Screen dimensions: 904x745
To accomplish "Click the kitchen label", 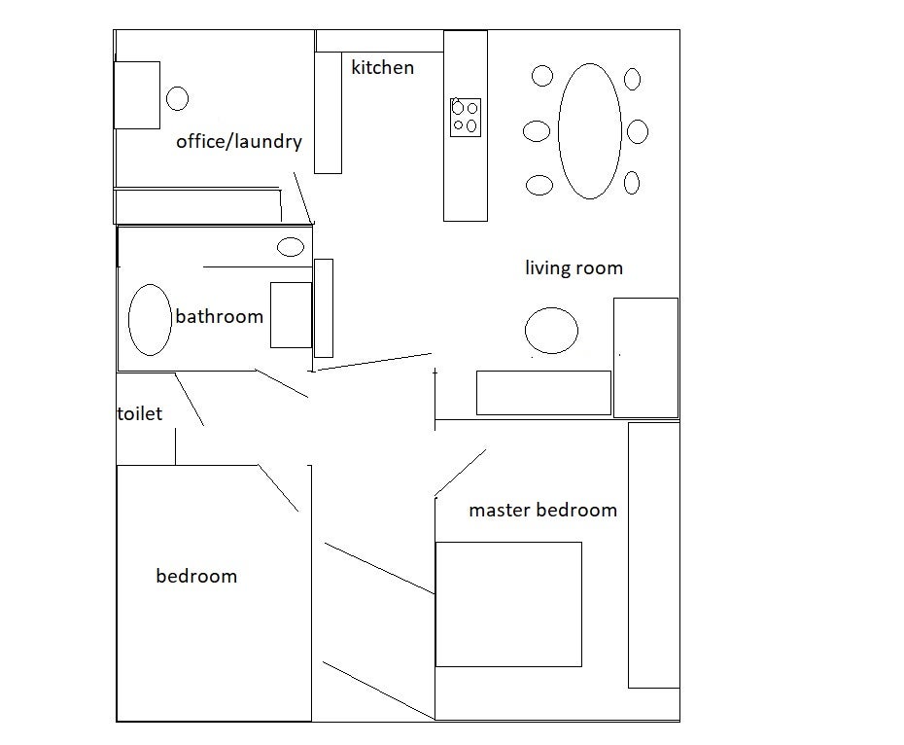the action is pyautogui.click(x=382, y=67).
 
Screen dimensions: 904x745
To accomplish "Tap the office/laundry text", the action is pyautogui.click(x=239, y=141).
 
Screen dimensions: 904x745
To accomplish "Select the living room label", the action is pyautogui.click(x=574, y=267).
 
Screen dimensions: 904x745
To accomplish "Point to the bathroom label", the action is pyautogui.click(x=219, y=316).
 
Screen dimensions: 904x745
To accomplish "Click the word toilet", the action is pyautogui.click(x=140, y=413).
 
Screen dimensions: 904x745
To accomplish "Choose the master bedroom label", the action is pyautogui.click(x=542, y=511).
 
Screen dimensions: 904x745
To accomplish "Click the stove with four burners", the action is pyautogui.click(x=466, y=117).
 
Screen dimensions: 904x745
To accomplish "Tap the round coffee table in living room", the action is pyautogui.click(x=552, y=331).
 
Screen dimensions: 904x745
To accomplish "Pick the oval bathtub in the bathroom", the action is pyautogui.click(x=150, y=320).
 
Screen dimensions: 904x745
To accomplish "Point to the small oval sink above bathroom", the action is pyautogui.click(x=291, y=247).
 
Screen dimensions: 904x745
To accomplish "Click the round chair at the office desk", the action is pyautogui.click(x=178, y=98).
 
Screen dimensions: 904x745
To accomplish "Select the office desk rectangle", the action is pyautogui.click(x=137, y=95).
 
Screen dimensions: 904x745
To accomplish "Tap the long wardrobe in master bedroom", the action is pyautogui.click(x=654, y=555).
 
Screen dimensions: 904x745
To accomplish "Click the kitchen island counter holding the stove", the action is pyautogui.click(x=466, y=125).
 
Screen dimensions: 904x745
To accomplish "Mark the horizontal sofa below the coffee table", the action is pyautogui.click(x=543, y=393).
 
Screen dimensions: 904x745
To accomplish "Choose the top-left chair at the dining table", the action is pyautogui.click(x=542, y=76).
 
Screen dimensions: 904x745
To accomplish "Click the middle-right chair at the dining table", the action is pyautogui.click(x=637, y=131).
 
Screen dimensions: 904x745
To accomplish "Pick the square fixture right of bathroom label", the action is pyautogui.click(x=292, y=315).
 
